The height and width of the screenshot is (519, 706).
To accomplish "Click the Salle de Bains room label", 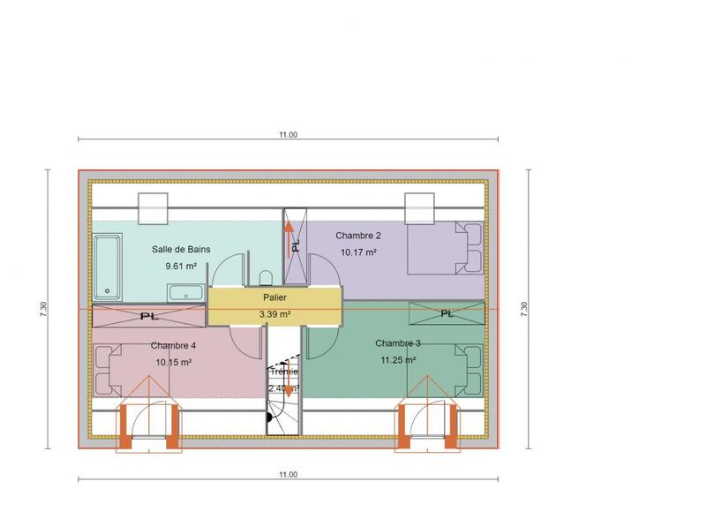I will click(181, 250).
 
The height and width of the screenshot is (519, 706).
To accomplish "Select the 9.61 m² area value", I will click(181, 265).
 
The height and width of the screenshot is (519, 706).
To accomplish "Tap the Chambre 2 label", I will click(357, 236).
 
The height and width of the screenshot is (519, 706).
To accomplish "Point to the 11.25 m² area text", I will click(398, 359).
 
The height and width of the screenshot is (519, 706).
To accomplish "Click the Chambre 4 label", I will click(173, 345).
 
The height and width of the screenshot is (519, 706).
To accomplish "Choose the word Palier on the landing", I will click(274, 298).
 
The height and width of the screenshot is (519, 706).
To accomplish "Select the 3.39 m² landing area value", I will click(274, 313).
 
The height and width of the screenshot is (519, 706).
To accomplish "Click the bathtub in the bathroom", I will click(109, 266).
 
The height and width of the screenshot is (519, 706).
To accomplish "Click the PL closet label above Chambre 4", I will click(149, 315).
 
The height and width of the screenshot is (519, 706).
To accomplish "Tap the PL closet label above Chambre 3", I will click(447, 313).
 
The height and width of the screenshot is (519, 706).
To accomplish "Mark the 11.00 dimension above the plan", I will click(288, 135).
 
